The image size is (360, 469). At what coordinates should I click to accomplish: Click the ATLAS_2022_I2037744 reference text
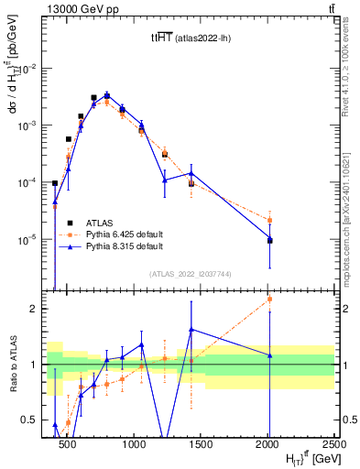(190, 274)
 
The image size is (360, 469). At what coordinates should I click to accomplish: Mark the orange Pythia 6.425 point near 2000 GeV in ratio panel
(269, 299)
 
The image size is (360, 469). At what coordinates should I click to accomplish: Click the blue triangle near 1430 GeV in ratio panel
(191, 329)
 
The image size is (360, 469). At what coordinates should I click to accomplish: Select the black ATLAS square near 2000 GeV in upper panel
(269, 240)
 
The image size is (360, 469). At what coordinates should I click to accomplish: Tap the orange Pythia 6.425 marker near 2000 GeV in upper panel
(269, 220)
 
